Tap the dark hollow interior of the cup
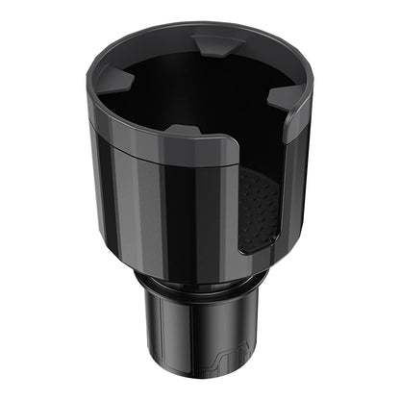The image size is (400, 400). click(192, 91)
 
